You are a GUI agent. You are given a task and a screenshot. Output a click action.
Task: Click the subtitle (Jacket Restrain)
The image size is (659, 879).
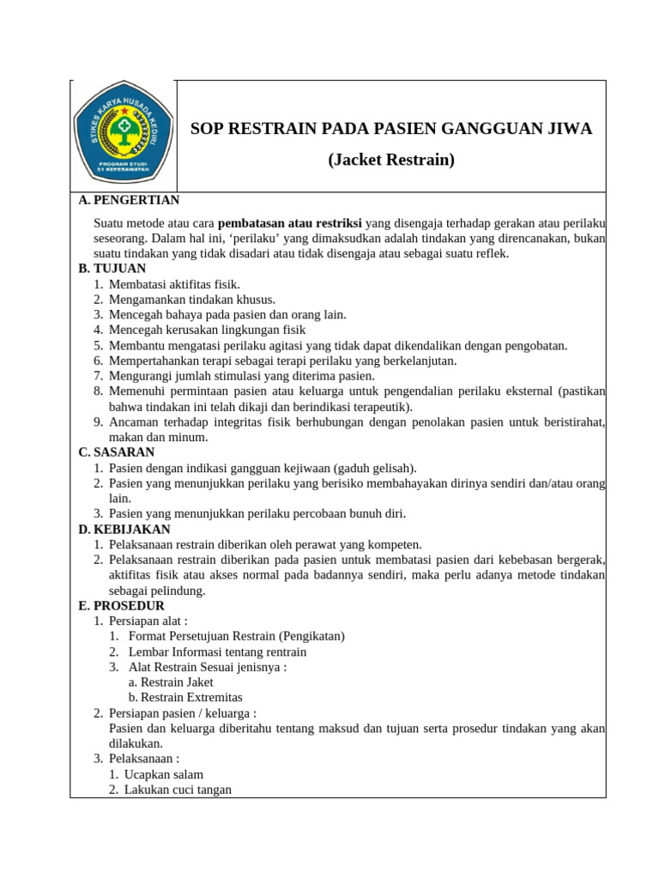390,160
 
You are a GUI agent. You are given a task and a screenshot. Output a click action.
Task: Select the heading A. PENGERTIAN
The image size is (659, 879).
129,200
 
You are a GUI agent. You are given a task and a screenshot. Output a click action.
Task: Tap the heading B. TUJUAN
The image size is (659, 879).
112,269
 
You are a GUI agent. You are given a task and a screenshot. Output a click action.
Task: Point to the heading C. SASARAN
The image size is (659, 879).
116,452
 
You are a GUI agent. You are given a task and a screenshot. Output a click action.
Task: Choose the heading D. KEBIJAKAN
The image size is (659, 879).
124,530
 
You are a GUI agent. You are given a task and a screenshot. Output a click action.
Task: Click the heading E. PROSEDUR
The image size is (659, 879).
121,606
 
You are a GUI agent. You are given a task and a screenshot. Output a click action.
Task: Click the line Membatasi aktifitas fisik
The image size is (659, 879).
174,284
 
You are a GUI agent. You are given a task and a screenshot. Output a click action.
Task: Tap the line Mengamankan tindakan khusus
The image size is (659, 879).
192,300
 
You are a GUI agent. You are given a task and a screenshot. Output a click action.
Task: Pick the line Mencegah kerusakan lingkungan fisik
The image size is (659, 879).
207,330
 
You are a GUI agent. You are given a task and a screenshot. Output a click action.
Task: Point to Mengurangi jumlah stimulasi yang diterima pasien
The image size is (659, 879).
241,376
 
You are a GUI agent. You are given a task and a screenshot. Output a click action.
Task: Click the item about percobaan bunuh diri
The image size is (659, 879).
257,514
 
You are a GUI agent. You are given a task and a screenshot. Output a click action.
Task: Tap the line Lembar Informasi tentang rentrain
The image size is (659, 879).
217,652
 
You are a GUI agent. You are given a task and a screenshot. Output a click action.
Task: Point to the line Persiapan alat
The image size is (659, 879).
148,621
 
